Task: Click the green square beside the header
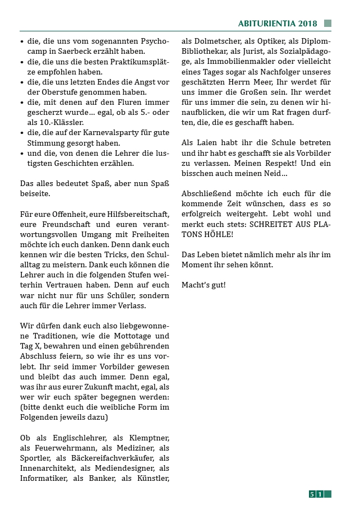pyautogui.click(x=327, y=24)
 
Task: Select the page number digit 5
pyautogui.click(x=312, y=494)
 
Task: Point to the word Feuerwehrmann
pyautogui.click(x=64, y=448)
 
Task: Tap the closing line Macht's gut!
pyautogui.click(x=204, y=285)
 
